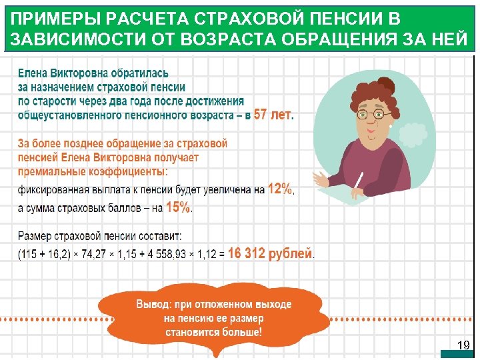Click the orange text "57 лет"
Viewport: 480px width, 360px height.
273,115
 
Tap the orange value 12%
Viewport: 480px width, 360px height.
280,189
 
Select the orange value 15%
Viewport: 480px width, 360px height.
178,207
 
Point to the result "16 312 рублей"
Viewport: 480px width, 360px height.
269,253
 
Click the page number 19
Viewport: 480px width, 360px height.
463,345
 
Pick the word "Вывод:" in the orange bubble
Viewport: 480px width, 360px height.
153,304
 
